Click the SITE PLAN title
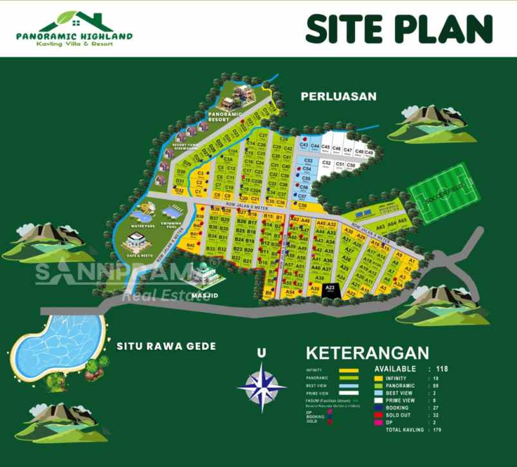pos(399,28)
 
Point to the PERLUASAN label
pos(338,96)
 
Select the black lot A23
pos(330,289)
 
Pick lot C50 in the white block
pos(350,165)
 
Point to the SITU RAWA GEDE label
pos(166,346)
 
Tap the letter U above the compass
pos(261,353)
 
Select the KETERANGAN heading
pos(367,353)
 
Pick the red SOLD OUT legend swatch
pos(379,415)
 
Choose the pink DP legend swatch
pos(379,423)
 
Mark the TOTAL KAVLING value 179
pos(438,430)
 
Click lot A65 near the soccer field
pos(402,221)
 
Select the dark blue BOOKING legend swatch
pos(379,408)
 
